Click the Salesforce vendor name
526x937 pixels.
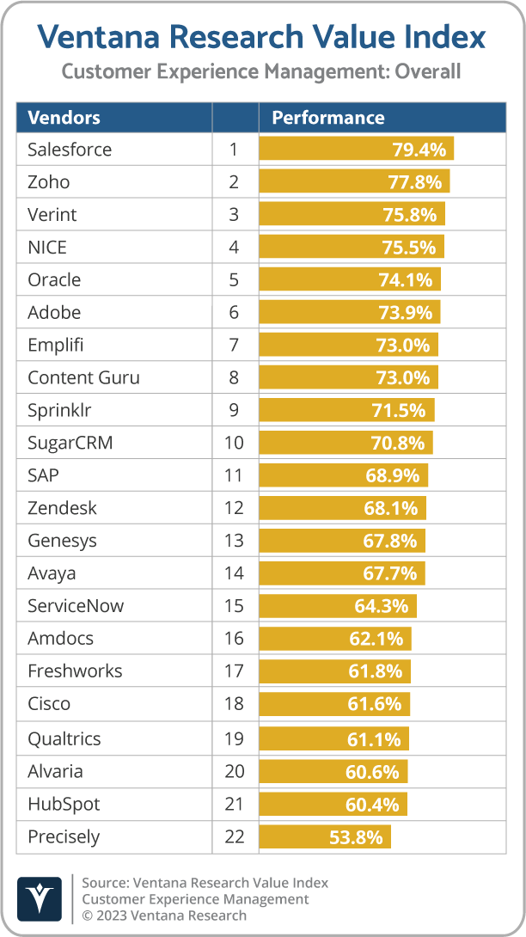[70, 150]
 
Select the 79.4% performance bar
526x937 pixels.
[356, 150]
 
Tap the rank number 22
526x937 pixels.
[235, 836]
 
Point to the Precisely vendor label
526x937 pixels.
[64, 836]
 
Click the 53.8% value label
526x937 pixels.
[357, 836]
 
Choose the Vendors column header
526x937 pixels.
[64, 118]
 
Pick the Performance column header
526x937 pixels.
[327, 118]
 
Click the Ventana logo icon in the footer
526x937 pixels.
[39, 898]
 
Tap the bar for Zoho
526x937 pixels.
[353, 182]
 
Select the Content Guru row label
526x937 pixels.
[83, 377]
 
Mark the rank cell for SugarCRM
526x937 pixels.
[235, 443]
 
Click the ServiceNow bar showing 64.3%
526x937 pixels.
[337, 606]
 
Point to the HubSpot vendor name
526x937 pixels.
[64, 804]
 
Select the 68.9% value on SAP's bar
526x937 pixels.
[391, 475]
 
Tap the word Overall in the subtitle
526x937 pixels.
[427, 71]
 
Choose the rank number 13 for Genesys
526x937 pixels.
[235, 541]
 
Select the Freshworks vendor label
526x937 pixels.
[75, 671]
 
